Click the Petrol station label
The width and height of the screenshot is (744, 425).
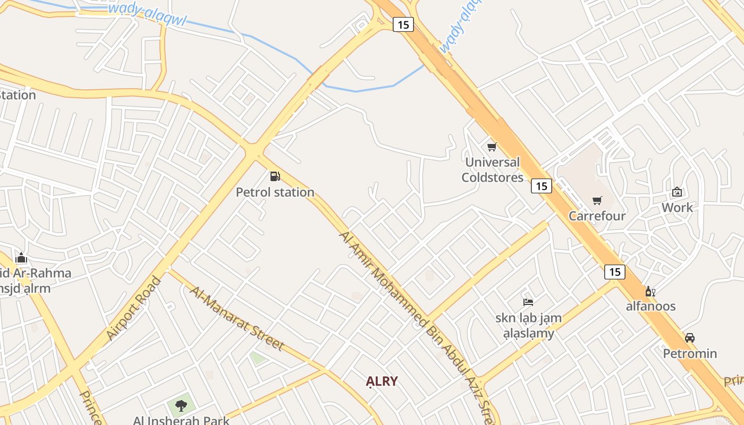[275, 192]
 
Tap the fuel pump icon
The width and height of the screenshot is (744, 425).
[275, 176]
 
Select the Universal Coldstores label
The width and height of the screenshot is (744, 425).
[492, 169]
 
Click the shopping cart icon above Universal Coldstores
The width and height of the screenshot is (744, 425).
[492, 147]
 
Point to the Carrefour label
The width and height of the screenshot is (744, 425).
[597, 216]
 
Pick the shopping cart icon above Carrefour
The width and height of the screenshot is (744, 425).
[597, 200]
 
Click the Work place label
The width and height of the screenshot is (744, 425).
[677, 208]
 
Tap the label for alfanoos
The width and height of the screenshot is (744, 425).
[650, 307]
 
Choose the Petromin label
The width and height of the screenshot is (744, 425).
[690, 354]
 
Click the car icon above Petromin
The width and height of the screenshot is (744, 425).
[690, 338]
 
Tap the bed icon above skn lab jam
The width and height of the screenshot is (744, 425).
[528, 302]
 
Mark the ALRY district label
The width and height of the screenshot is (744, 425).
[382, 381]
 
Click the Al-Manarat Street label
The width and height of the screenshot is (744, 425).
[237, 319]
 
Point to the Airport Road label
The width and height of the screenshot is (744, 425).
[133, 308]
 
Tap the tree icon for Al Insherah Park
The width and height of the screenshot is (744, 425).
[181, 406]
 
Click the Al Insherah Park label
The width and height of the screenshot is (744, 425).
[181, 420]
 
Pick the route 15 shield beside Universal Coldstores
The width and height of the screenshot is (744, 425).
[541, 186]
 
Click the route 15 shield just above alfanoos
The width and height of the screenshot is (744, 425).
[615, 272]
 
